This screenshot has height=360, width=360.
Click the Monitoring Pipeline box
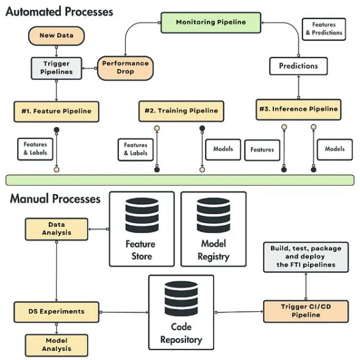point(211,23)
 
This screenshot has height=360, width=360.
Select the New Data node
point(57,35)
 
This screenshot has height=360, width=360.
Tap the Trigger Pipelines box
point(57,68)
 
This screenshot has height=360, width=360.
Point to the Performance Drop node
point(125,68)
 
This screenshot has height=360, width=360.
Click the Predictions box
point(298,66)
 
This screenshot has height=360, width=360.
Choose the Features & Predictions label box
point(324,29)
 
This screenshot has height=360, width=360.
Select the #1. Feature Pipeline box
point(57,112)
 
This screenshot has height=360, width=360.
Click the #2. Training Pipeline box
point(181,111)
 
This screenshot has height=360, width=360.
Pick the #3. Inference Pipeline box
point(298,109)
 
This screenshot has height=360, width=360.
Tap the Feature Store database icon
point(142,215)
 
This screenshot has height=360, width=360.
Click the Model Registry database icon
point(214,215)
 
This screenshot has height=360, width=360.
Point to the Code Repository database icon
point(181,298)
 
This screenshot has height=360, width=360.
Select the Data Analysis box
point(57,229)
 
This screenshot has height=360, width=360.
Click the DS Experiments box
point(57,312)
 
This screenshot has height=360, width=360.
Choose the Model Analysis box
point(57,345)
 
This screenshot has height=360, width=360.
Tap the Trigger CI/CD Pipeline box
point(306,311)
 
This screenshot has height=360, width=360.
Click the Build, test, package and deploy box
point(306,257)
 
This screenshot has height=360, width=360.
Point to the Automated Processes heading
point(59,12)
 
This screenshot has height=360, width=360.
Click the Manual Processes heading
point(55,199)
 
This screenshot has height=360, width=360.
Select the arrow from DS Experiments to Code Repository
point(124,312)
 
